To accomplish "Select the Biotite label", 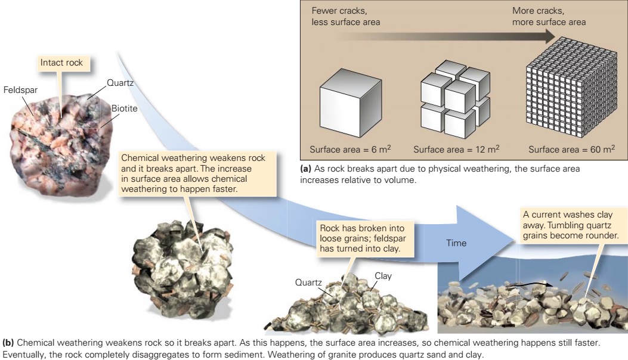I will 123,108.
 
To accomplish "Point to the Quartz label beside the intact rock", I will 120,83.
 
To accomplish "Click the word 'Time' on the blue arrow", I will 457,243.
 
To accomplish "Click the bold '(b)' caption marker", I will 9,343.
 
